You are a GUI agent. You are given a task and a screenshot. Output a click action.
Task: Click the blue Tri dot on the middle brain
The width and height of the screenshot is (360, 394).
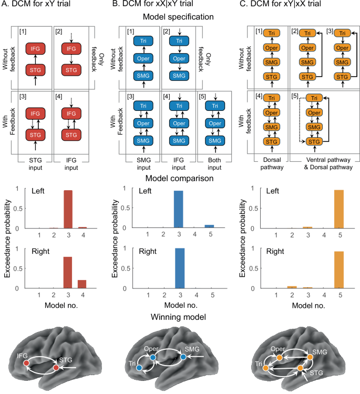[x=138, y=369]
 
